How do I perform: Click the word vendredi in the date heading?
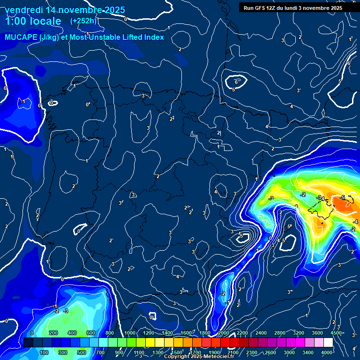(24, 10)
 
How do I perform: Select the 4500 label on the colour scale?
(336, 333)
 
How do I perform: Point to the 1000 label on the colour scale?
(129, 333)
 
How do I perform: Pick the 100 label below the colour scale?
(44, 352)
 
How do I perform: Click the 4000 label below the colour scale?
(327, 352)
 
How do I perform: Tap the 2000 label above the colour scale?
(224, 333)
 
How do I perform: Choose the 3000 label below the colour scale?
(289, 352)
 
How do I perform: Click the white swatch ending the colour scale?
(328, 343)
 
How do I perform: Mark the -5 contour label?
(343, 198)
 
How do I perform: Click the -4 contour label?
(355, 222)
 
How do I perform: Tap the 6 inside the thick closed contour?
(236, 81)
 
